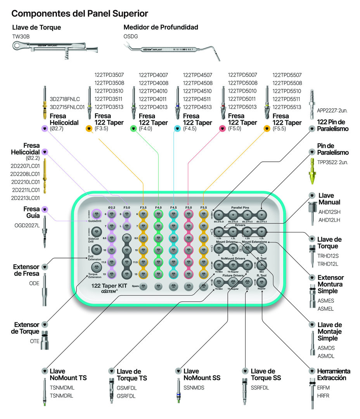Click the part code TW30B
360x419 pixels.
[x=21, y=36]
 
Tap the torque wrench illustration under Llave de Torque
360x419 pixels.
[x=54, y=50]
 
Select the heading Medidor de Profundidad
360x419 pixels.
[x=161, y=27]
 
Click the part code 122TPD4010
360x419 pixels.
[x=153, y=91]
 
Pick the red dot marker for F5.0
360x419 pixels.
[x=222, y=128]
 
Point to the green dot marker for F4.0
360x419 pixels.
[x=133, y=128]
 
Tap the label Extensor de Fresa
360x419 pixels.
[x=26, y=270]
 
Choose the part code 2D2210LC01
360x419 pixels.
[x=25, y=182]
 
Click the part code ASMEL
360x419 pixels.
[x=325, y=309]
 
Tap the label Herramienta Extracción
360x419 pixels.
[x=334, y=374]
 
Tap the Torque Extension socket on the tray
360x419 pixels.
[x=95, y=267]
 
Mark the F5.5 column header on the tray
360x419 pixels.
[x=203, y=208]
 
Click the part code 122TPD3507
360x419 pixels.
[x=109, y=75]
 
